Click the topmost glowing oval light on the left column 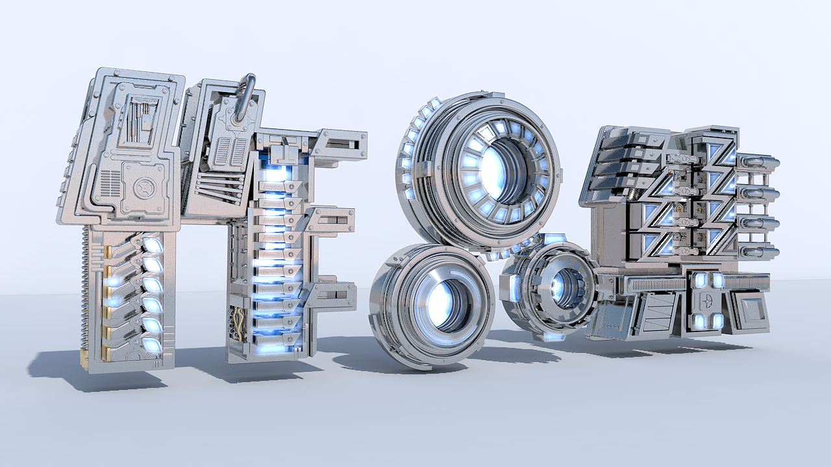[x=153, y=245]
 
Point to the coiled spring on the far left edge [x=85, y=292]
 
